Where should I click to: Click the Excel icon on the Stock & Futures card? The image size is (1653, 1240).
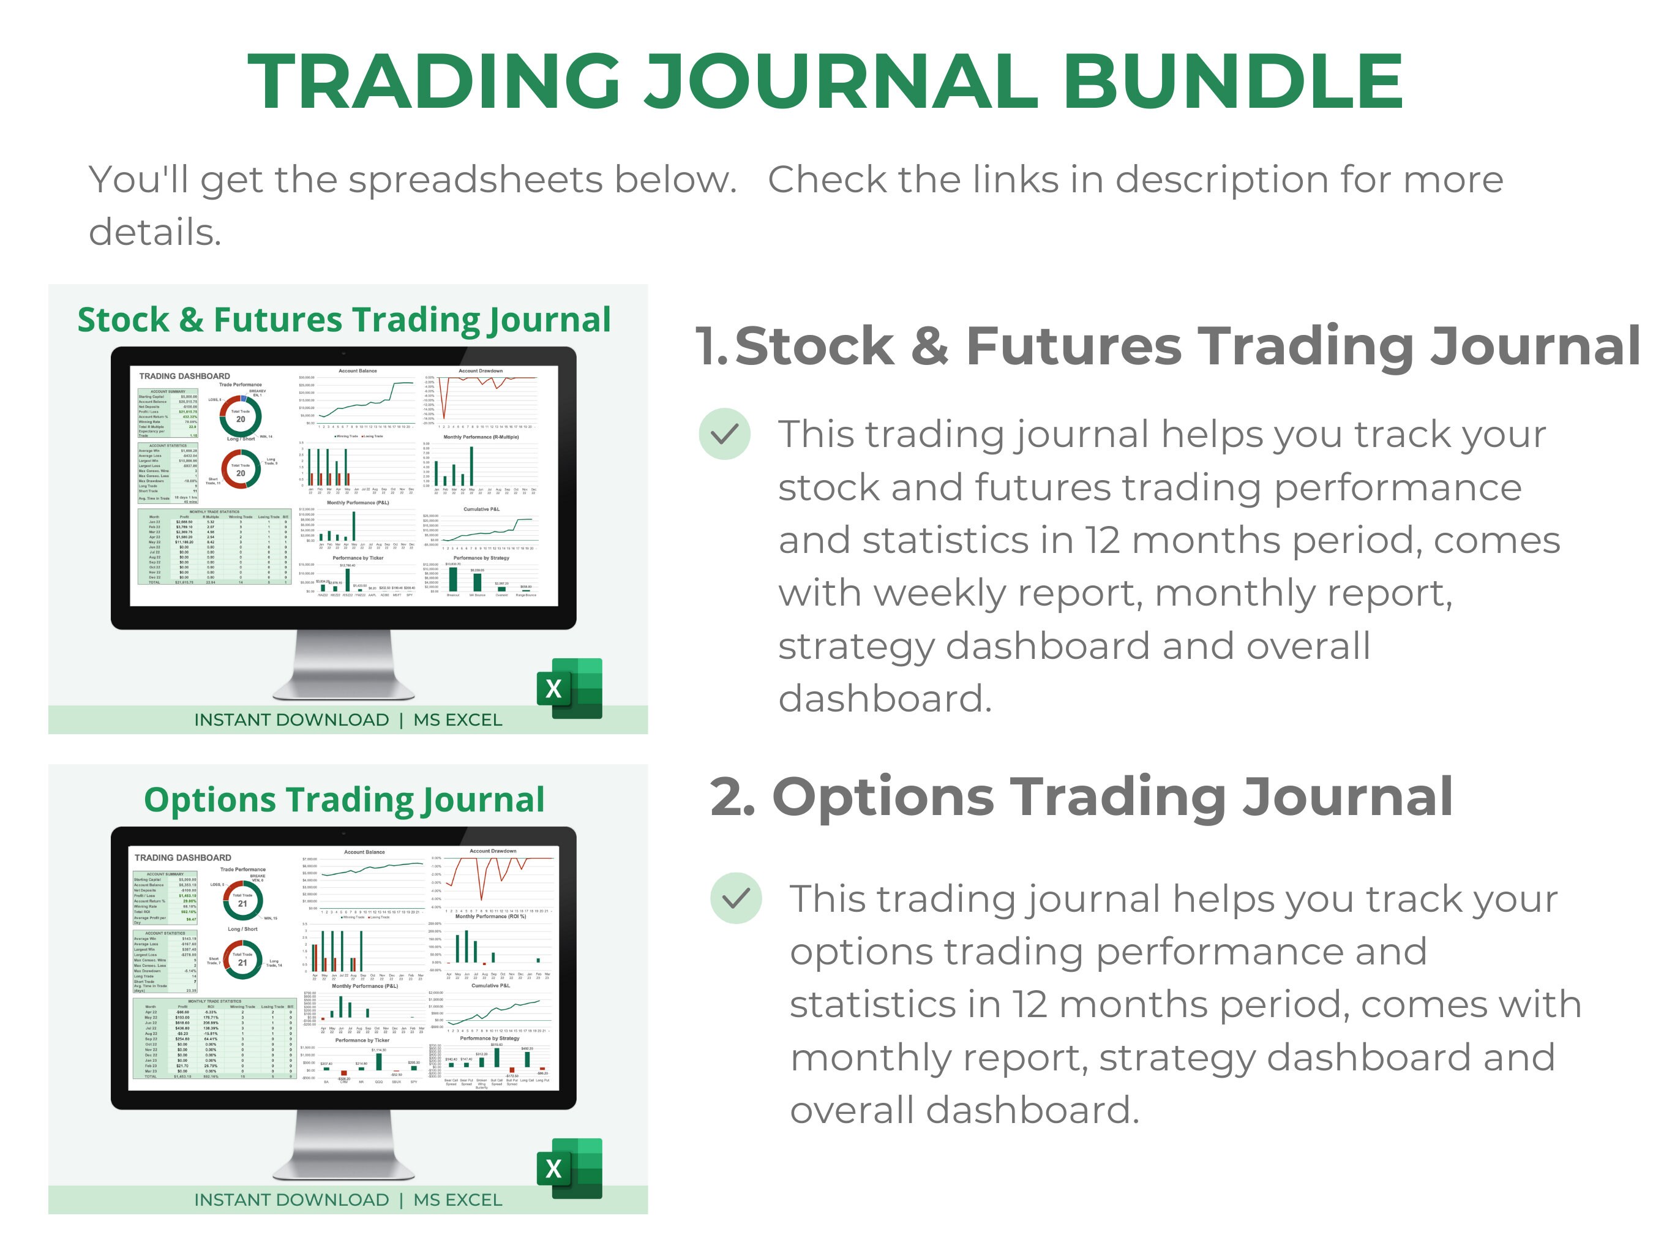(569, 688)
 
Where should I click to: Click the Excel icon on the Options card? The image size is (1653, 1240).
(569, 1168)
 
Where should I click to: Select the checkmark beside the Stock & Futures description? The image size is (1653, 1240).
(724, 434)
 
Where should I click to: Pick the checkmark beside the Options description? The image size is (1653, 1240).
(736, 898)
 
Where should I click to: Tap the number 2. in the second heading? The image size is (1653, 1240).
(732, 797)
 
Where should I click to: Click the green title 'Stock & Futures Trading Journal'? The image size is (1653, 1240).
(343, 320)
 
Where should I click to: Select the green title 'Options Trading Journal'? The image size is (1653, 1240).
(343, 800)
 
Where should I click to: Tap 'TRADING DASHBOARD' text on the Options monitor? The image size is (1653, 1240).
(183, 857)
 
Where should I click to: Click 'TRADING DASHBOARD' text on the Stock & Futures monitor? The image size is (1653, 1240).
(184, 376)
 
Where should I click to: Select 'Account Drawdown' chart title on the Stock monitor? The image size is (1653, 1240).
(481, 370)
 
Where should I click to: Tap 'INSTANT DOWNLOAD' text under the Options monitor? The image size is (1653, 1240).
(291, 1200)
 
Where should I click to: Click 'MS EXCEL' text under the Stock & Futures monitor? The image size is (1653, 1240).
(457, 720)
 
